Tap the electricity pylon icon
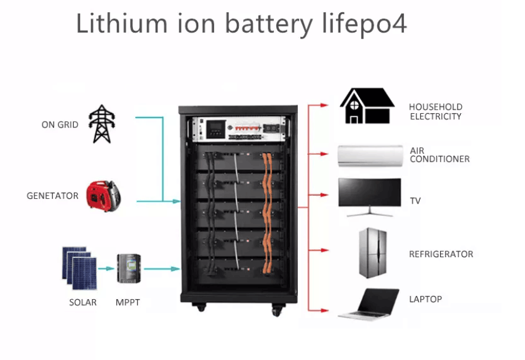pyautogui.click(x=100, y=124)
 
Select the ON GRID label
pyautogui.click(x=60, y=125)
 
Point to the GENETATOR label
pyautogui.click(x=52, y=196)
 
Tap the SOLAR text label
pyautogui.click(x=82, y=303)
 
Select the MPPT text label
pyautogui.click(x=128, y=303)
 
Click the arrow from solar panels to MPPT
pyautogui.click(x=106, y=269)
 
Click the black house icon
pyautogui.click(x=367, y=106)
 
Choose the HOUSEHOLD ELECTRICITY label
pyautogui.click(x=435, y=111)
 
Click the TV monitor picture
pyautogui.click(x=369, y=196)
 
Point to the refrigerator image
pyautogui.click(x=372, y=252)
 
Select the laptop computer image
pyautogui.click(x=369, y=303)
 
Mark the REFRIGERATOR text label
pyautogui.click(x=441, y=254)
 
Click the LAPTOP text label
pyautogui.click(x=425, y=300)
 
